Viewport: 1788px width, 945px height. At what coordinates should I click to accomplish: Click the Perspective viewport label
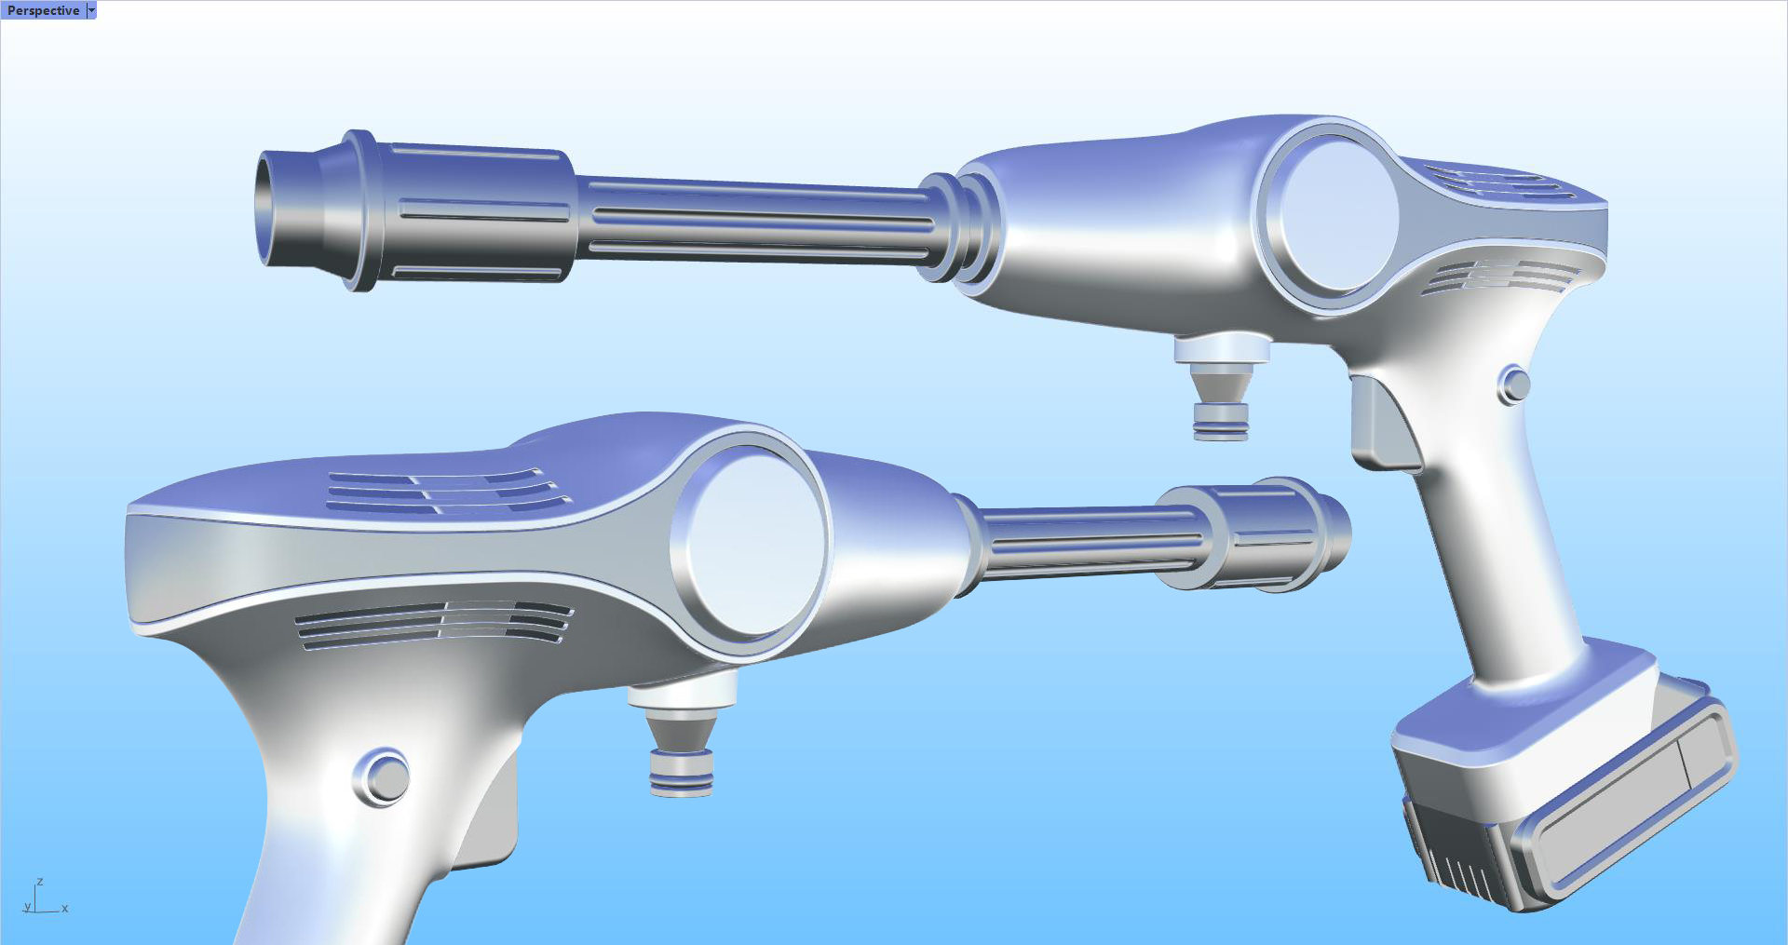(43, 10)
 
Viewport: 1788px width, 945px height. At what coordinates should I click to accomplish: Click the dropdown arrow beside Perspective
(91, 10)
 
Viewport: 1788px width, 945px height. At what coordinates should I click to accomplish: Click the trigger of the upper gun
(1383, 424)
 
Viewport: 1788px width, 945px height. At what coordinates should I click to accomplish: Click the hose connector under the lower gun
(682, 745)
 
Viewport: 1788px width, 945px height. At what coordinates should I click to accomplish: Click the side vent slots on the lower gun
(434, 622)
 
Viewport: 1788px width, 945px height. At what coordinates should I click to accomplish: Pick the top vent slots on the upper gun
(1499, 182)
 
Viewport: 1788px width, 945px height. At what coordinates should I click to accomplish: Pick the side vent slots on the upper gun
(1499, 276)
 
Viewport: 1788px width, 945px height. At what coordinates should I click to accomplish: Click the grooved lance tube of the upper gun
(754, 220)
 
